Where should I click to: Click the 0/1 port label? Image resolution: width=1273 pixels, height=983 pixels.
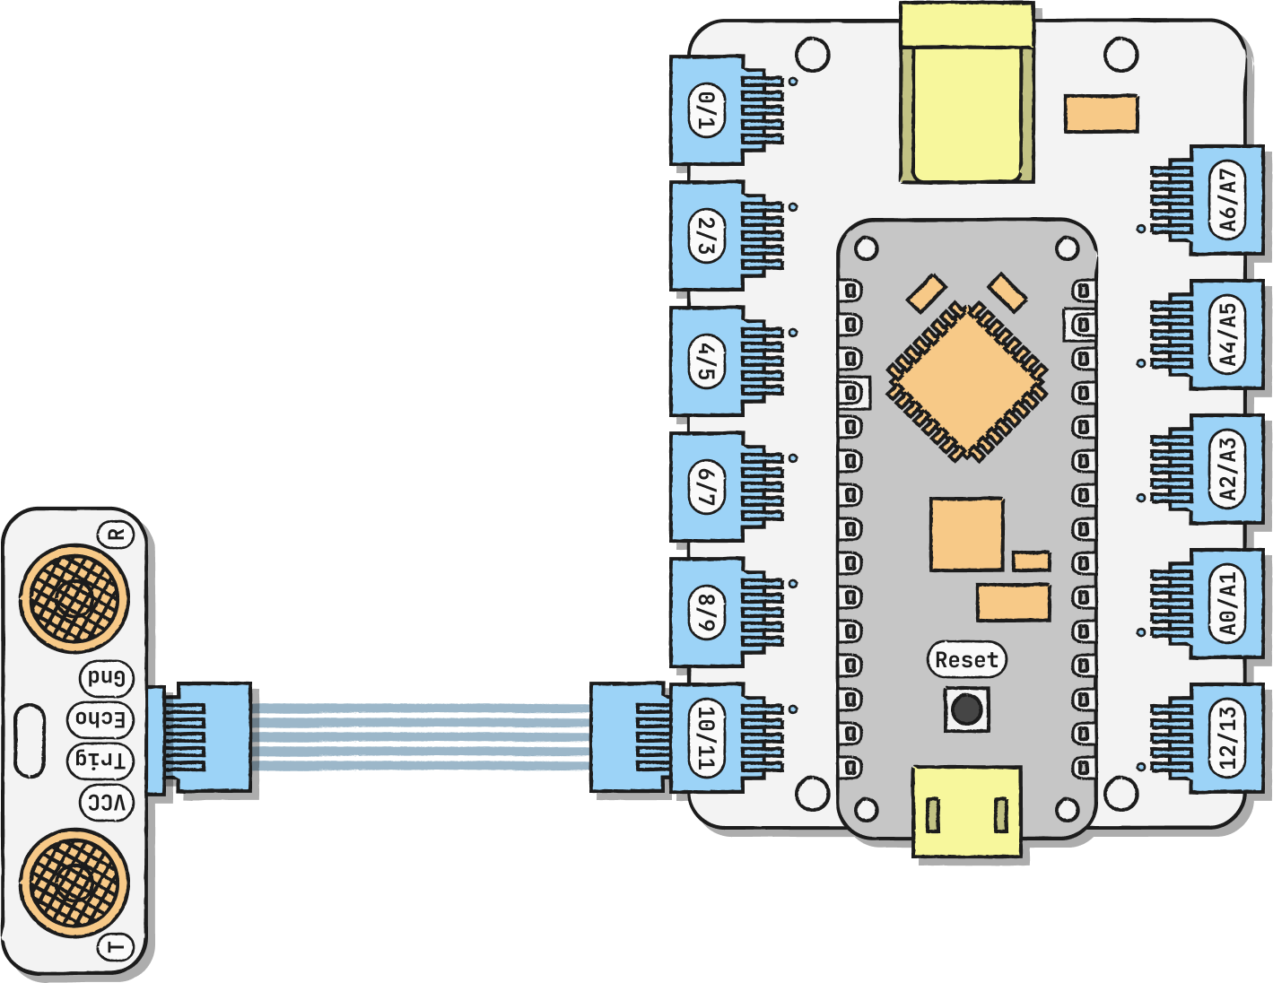[707, 110]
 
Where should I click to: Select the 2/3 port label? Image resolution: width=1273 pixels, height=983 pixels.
[707, 236]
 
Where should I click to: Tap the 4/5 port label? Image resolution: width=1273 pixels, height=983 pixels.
[707, 361]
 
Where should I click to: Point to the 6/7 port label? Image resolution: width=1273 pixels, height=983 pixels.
[707, 487]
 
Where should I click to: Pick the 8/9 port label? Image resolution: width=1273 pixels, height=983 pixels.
[707, 613]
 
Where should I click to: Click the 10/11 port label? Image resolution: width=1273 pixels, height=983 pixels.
[707, 738]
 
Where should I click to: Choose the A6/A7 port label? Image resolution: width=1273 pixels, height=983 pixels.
[1227, 201]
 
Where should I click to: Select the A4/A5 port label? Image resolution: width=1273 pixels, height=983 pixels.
[1227, 335]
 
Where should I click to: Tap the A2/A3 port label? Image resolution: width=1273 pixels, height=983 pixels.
[1227, 469]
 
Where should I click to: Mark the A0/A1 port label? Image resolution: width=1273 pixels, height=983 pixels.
[1227, 604]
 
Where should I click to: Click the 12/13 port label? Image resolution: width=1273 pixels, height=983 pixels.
[1227, 738]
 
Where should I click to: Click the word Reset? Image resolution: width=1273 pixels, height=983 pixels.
[966, 660]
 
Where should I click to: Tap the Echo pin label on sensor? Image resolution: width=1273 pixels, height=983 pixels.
[100, 718]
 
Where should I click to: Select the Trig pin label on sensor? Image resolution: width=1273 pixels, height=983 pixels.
[100, 761]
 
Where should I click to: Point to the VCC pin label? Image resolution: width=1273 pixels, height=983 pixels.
[107, 803]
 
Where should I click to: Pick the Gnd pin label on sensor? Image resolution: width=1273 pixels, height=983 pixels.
[107, 677]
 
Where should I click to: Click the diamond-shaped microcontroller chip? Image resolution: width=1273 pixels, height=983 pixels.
[966, 380]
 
